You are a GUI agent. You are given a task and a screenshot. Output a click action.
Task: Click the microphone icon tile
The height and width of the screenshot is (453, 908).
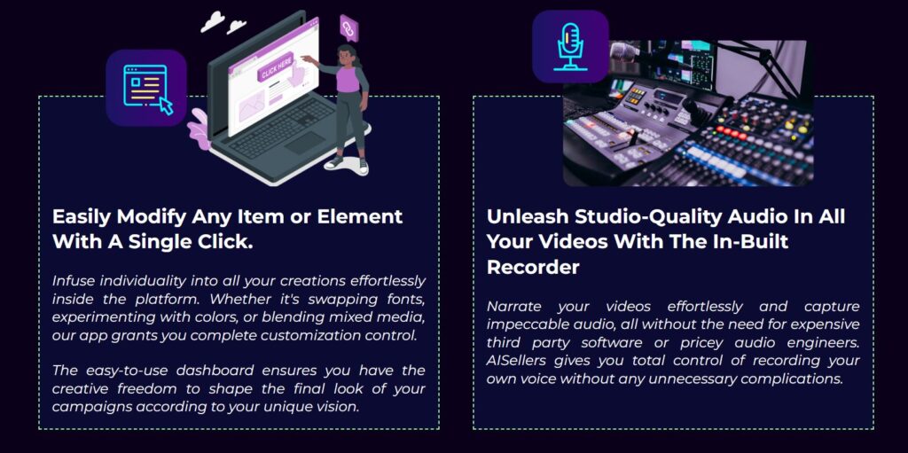coord(570,46)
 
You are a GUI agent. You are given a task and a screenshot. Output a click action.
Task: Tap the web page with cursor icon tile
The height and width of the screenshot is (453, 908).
coord(146,88)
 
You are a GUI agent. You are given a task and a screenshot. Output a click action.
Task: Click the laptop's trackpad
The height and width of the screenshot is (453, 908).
coord(304,143)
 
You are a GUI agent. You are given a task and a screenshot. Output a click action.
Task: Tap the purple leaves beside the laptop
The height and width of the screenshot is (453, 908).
coord(199,129)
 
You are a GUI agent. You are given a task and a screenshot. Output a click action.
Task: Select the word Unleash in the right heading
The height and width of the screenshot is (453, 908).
coord(527,216)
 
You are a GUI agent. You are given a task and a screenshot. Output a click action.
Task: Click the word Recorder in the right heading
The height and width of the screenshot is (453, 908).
coord(533,267)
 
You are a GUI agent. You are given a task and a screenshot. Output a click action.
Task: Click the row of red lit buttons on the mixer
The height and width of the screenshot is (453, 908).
coord(732,132)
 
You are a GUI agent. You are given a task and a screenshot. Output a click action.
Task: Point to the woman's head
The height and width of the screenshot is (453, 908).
coord(347,55)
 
